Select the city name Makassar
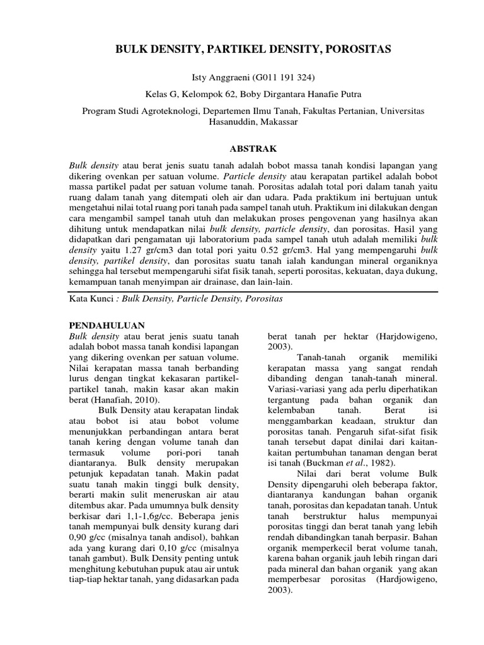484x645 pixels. coord(278,122)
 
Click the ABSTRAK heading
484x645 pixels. coord(243,149)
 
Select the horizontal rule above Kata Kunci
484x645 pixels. coord(242,292)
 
